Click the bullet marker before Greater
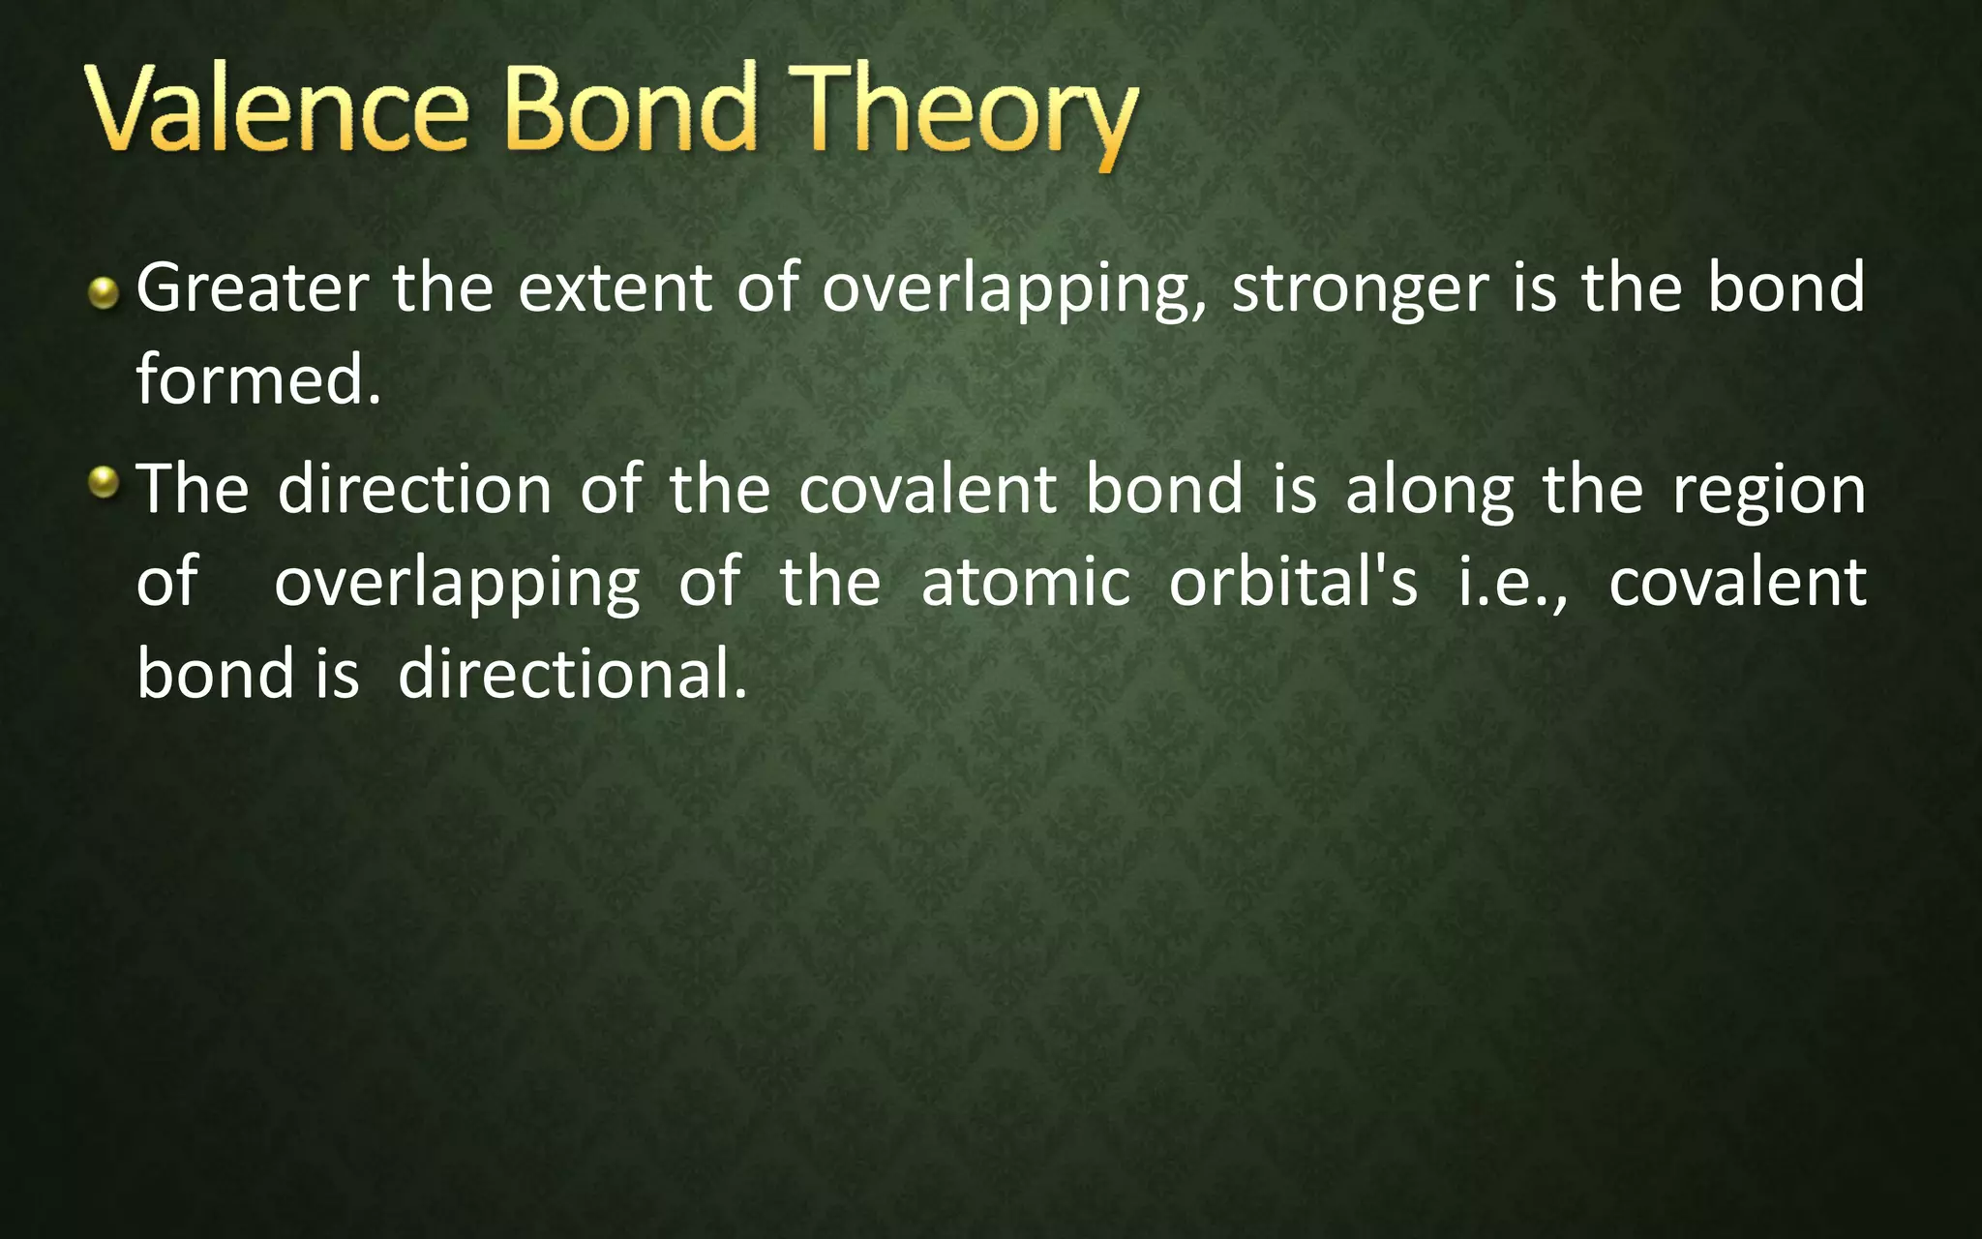pyautogui.click(x=103, y=293)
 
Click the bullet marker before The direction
pyautogui.click(x=103, y=482)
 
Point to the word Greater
pyautogui.click(x=253, y=288)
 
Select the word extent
pyautogui.click(x=615, y=288)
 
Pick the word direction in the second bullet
pyautogui.click(x=414, y=489)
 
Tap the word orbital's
pyautogui.click(x=1293, y=583)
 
